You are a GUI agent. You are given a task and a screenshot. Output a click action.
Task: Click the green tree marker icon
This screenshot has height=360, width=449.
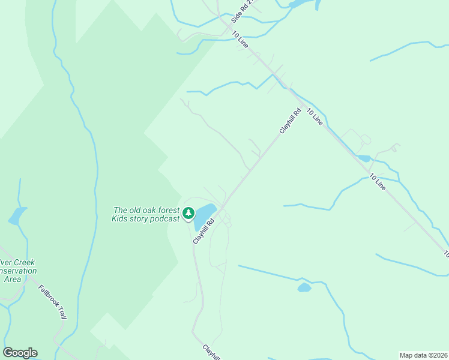coord(188,213)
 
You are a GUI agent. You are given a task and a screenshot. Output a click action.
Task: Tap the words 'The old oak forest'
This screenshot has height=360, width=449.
coord(146,210)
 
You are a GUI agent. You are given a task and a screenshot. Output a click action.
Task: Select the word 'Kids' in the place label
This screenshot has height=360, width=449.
coord(121,218)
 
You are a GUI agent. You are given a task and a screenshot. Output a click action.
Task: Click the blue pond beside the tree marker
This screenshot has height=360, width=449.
coord(204,215)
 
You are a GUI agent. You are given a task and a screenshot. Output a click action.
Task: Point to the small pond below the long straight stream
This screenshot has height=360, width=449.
coord(304,287)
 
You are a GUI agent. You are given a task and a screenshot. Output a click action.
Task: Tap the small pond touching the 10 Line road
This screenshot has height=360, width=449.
coord(363,158)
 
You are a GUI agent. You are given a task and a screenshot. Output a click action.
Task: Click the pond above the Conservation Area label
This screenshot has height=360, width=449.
coord(17,215)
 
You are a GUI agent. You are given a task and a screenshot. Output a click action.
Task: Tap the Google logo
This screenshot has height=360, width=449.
coord(20,353)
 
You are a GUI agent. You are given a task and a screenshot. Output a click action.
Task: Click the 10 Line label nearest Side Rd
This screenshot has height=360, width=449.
coord(240,39)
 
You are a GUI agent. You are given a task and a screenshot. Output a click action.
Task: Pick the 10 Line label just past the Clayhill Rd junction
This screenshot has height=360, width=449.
coord(315,116)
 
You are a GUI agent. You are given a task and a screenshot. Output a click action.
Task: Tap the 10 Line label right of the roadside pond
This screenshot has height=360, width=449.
coord(377,182)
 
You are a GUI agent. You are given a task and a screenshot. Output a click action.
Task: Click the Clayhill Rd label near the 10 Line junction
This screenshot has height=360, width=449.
coord(289,121)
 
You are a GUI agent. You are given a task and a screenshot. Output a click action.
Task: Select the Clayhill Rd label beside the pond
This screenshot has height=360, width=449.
coord(203,231)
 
